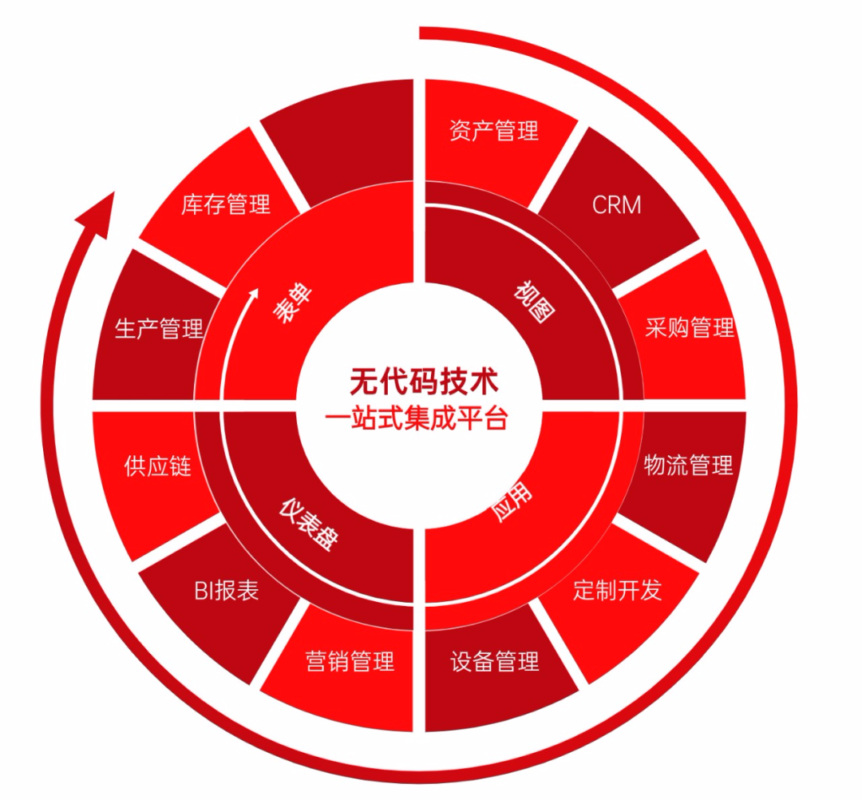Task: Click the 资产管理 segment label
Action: click(494, 130)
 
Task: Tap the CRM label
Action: click(616, 204)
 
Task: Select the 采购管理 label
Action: click(690, 327)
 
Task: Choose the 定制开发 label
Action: click(617, 590)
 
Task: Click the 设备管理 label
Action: click(494, 661)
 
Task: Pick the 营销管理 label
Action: click(350, 661)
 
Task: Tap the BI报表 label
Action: click(226, 591)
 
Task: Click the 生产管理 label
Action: click(159, 328)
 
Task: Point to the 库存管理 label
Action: click(226, 204)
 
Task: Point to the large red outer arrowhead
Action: click(100, 211)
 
